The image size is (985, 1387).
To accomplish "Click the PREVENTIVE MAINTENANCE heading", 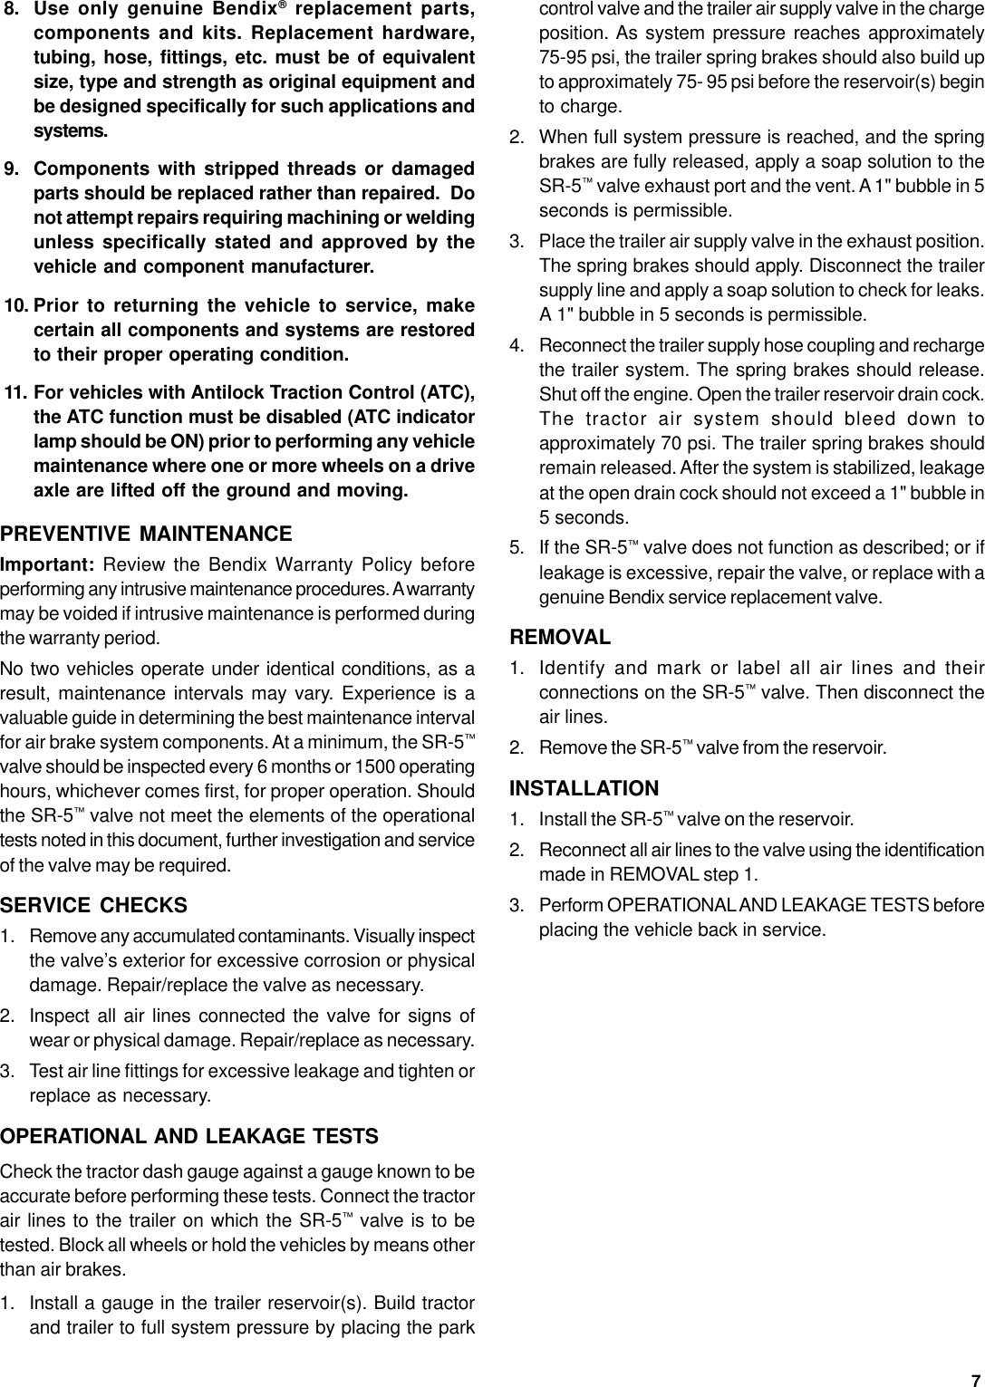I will click(146, 534).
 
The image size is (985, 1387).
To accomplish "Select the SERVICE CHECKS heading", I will click(94, 905).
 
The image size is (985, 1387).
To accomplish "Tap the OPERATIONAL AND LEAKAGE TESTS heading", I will click(189, 1136).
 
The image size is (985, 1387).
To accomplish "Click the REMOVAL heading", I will click(560, 637).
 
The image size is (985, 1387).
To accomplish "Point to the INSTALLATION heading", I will click(584, 788).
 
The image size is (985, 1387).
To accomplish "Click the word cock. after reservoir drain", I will click(965, 396).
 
